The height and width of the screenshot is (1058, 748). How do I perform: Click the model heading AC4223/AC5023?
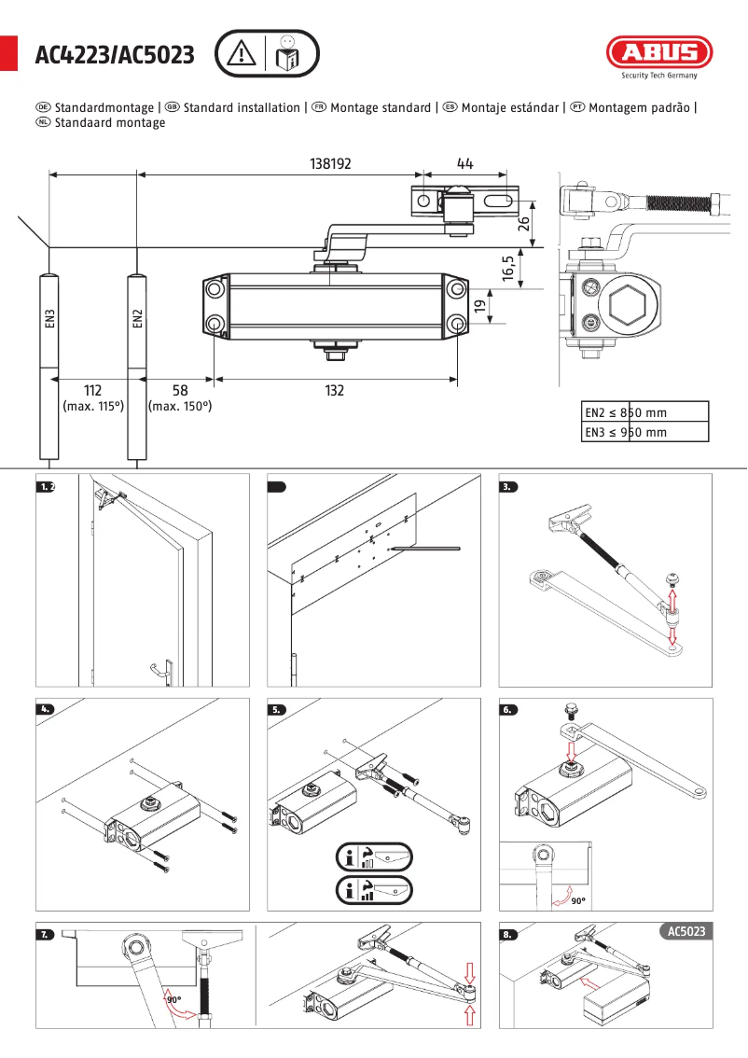coord(115,56)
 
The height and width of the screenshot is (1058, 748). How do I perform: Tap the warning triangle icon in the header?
coord(242,54)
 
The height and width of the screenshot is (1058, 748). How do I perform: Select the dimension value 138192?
coord(330,163)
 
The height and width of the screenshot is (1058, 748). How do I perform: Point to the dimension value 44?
coord(465,163)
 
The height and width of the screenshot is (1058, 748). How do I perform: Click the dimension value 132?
coord(335,391)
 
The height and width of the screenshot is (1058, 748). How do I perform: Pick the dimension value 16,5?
coord(509,269)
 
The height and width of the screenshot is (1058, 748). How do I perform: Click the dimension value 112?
coord(92,390)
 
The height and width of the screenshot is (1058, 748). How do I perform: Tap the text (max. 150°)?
coord(179,407)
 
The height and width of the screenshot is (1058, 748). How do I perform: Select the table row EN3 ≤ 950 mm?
coord(644,432)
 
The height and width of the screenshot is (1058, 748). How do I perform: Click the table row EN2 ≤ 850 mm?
coord(644,412)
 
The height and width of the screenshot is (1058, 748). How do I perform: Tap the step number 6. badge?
coord(508,709)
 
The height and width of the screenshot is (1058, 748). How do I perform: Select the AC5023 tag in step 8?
coord(686,931)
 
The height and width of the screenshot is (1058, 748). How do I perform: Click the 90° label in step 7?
coord(173,1000)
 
